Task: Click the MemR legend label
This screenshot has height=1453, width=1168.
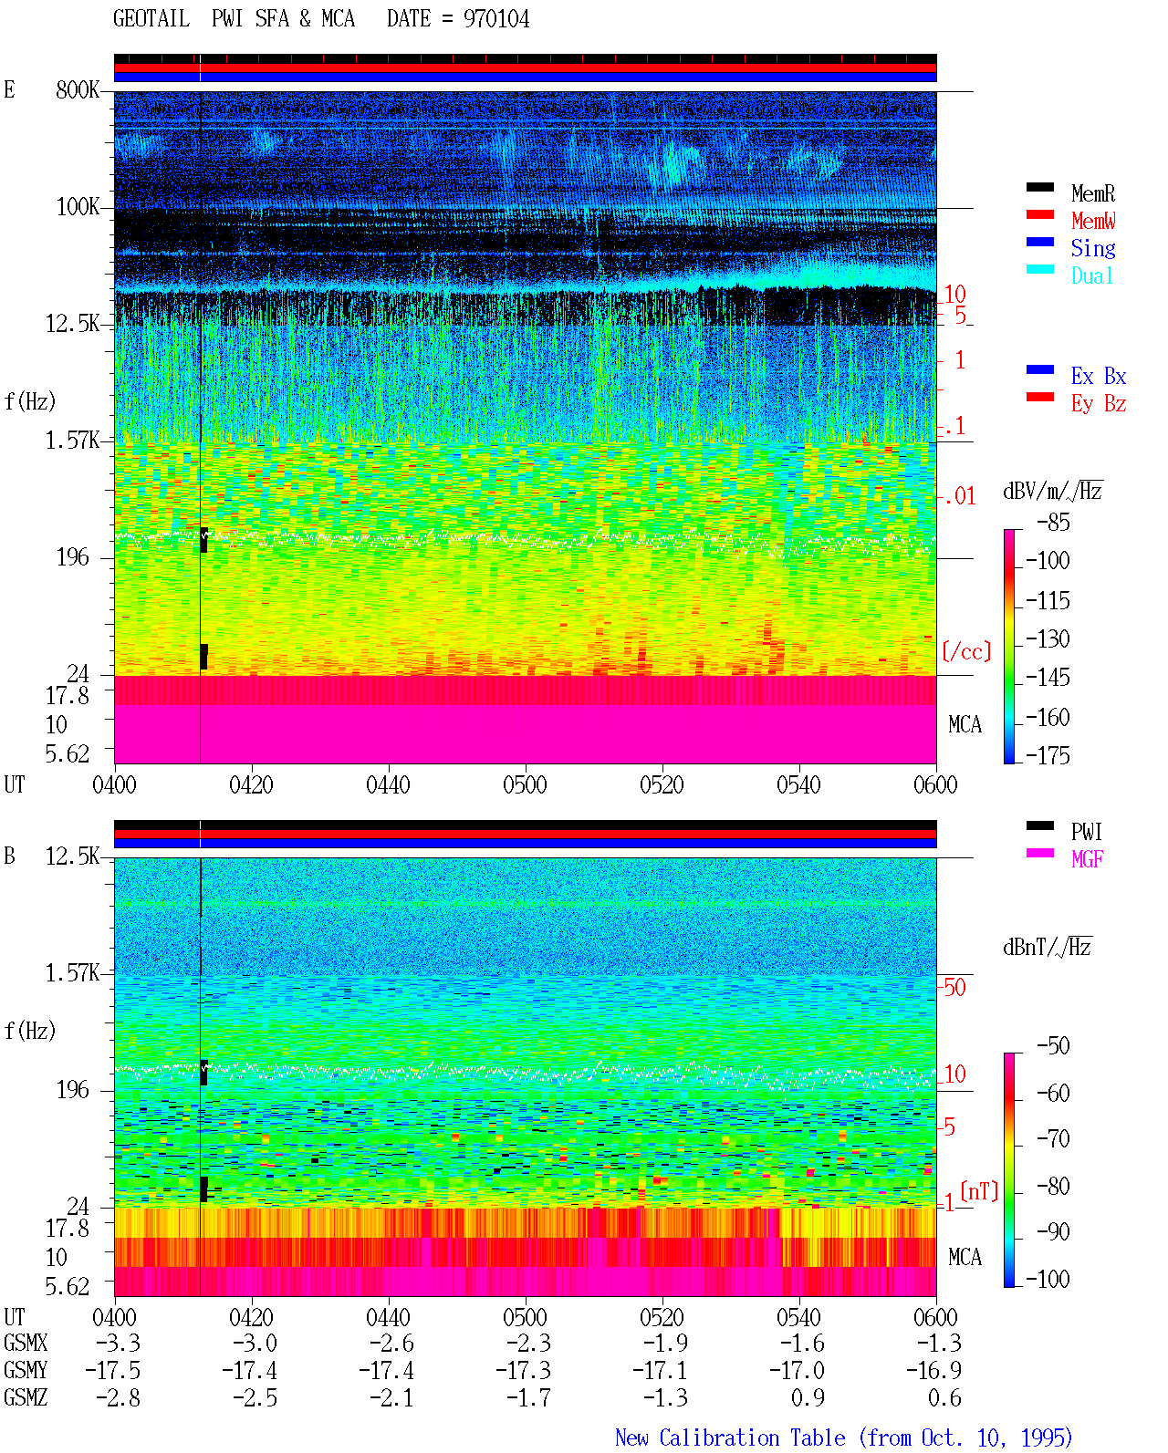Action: click(1092, 193)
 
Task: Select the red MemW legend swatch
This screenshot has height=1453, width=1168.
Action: click(1039, 214)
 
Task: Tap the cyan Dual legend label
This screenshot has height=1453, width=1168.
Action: click(1091, 276)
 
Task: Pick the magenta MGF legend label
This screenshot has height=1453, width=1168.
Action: click(1087, 859)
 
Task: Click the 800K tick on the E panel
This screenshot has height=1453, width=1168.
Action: click(77, 89)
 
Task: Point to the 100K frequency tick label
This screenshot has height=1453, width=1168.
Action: click(77, 207)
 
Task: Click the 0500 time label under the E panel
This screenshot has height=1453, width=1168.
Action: click(525, 784)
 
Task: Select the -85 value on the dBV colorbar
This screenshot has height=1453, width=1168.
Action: click(1053, 522)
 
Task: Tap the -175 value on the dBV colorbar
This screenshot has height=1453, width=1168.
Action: click(1048, 755)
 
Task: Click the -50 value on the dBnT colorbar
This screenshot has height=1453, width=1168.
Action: click(1053, 1045)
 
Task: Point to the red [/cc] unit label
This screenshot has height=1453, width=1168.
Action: click(966, 651)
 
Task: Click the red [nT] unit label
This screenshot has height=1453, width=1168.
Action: click(979, 1191)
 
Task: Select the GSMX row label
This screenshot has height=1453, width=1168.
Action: click(26, 1343)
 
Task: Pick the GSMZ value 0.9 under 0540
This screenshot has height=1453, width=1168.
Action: click(808, 1397)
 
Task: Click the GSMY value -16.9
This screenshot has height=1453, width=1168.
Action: click(933, 1370)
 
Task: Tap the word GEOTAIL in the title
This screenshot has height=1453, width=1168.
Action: click(151, 19)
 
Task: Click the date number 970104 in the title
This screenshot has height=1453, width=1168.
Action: click(495, 19)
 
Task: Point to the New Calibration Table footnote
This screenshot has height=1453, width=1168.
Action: click(844, 1437)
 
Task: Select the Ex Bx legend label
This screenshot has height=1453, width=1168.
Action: click(1098, 376)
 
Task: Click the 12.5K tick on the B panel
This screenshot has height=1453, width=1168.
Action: click(71, 856)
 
